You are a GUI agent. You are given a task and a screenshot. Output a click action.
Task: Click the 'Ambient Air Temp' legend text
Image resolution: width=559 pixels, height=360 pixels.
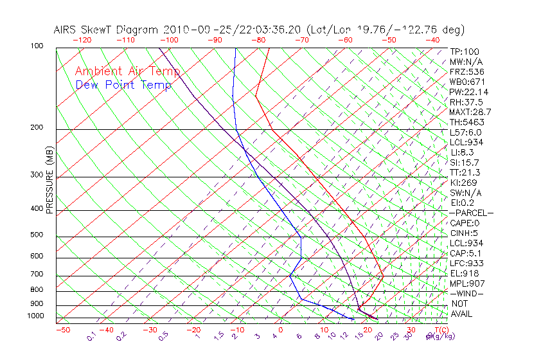coord(127,71)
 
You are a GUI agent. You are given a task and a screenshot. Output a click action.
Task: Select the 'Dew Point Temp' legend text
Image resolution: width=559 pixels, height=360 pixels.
coord(123,85)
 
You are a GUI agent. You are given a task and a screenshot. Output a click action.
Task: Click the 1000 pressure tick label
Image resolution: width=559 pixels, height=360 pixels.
coord(36,316)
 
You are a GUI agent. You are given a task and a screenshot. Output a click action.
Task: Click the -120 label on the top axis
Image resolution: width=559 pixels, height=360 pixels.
coord(82,40)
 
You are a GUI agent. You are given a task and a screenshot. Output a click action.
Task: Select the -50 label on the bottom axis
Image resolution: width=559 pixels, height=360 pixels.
coord(63,330)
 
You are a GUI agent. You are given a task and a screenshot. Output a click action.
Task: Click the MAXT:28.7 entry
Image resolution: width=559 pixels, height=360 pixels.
coord(470,112)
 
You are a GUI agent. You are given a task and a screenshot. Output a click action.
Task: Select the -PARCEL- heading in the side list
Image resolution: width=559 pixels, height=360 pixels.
coord(471,213)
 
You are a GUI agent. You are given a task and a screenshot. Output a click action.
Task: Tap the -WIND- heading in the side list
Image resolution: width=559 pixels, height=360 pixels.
coord(467,293)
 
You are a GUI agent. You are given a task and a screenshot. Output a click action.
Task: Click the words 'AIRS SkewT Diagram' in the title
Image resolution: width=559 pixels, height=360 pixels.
coord(107,30)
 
